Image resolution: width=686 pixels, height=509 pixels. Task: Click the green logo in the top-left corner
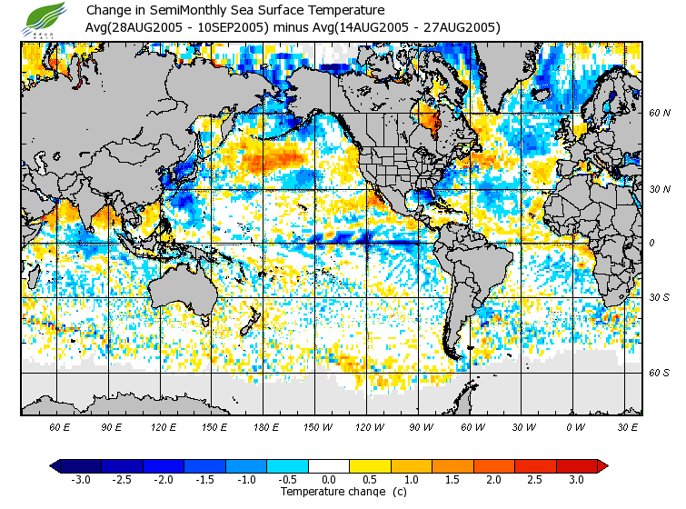tap(46, 19)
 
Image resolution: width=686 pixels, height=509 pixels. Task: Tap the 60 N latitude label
tap(659, 113)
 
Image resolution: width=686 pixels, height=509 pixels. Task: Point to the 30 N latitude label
tap(659, 189)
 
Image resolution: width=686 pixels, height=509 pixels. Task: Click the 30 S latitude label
tap(659, 297)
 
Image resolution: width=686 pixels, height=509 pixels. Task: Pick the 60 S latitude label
tap(659, 373)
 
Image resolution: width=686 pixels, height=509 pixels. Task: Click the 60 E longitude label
tap(60, 426)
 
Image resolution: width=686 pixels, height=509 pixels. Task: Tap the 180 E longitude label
tap(266, 426)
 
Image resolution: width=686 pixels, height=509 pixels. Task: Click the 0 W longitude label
tap(575, 426)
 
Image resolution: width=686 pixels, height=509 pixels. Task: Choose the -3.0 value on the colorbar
tap(80, 479)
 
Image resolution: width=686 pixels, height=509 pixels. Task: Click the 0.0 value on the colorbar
tap(329, 479)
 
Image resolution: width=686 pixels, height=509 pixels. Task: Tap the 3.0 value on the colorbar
tap(576, 479)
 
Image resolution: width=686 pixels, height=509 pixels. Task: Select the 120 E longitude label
tap(164, 426)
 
